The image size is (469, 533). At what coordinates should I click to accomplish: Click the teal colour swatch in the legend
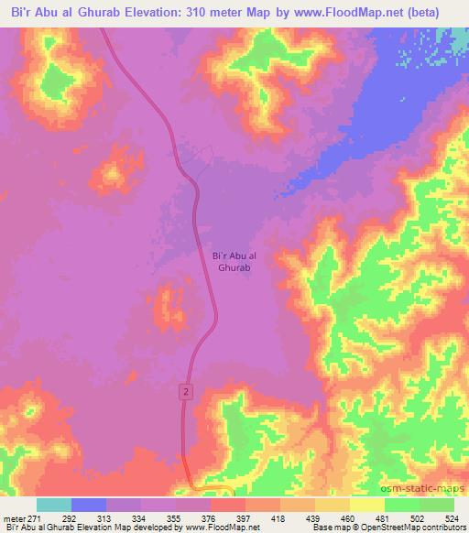click(x=54, y=505)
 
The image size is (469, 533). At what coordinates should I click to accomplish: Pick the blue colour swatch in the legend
click(x=89, y=505)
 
